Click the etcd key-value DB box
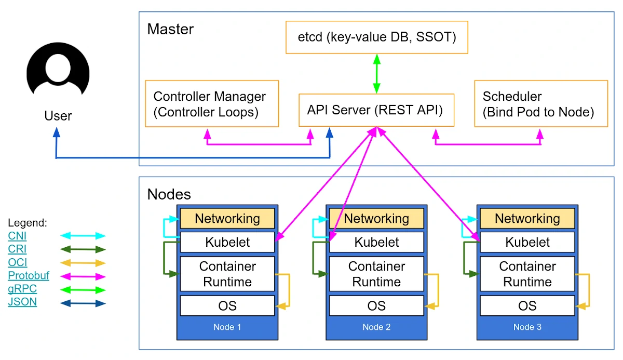coord(376,37)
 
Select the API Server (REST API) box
coord(376,110)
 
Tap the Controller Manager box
coord(212,104)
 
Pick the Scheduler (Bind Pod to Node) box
coord(540,104)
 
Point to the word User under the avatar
coord(58,116)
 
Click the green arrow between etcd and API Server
coord(377,73)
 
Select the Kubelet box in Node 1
coord(227,242)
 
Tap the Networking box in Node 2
coord(376,219)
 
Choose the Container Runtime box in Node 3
coord(527,274)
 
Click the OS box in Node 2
coord(376,305)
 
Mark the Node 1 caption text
coord(227,327)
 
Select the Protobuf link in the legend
coord(29,276)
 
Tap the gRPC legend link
coord(22,289)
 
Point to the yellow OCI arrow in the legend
coord(83,263)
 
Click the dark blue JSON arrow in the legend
coord(83,303)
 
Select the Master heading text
coord(170,29)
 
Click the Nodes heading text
coord(169,194)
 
